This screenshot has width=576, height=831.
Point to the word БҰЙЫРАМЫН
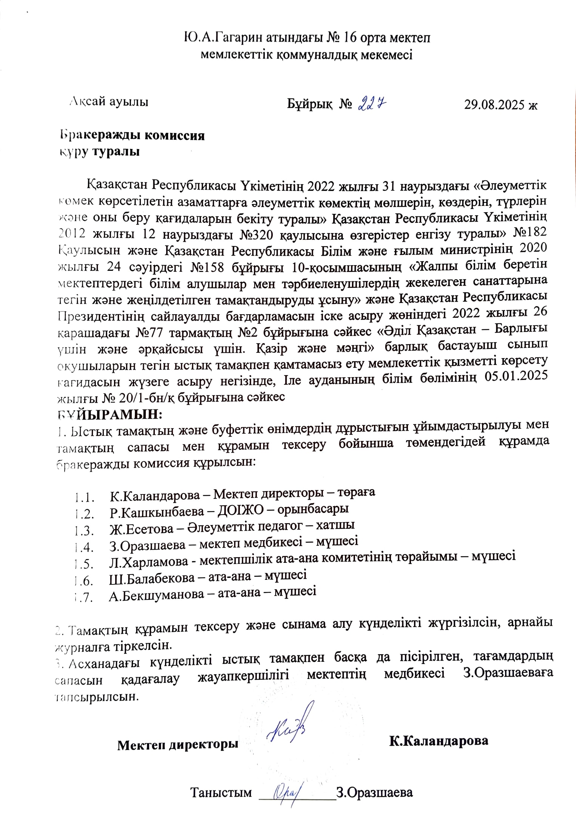click(110, 414)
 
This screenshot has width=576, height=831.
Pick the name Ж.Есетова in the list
click(141, 529)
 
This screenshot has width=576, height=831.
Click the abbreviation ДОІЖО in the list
click(240, 510)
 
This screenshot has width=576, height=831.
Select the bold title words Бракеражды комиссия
click(133, 135)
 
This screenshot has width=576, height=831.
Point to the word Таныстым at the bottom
click(221, 792)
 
